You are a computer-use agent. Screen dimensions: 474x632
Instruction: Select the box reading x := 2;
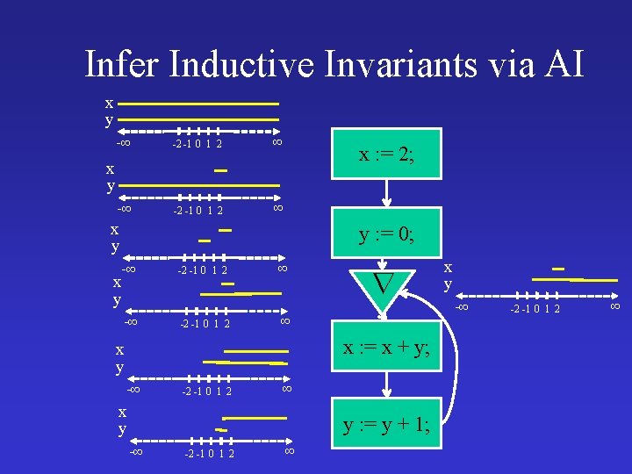[x=386, y=155]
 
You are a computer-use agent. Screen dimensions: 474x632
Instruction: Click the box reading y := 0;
[x=386, y=235]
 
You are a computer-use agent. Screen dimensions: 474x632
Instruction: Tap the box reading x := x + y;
[x=386, y=348]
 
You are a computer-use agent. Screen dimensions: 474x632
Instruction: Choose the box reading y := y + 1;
[x=386, y=426]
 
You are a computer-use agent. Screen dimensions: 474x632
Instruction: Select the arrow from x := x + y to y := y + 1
[x=385, y=386]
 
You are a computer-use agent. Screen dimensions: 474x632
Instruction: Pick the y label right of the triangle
[x=448, y=284]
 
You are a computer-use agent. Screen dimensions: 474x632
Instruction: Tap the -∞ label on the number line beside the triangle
[x=463, y=306]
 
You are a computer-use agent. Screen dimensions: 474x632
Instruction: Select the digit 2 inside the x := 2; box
[x=406, y=155]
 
